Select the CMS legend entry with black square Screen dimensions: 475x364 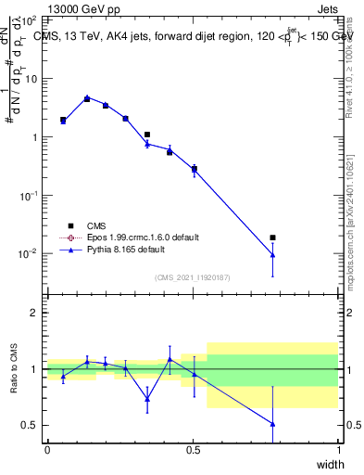[x=93, y=225]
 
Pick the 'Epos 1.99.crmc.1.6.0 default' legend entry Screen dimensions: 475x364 [x=131, y=237]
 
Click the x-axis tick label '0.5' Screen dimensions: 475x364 [x=193, y=449]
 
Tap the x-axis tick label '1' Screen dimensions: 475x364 [x=339, y=449]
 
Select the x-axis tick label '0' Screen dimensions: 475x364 [x=47, y=449]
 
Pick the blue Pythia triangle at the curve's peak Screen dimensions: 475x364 [x=87, y=98]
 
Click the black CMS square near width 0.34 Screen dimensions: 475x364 [x=147, y=135]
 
